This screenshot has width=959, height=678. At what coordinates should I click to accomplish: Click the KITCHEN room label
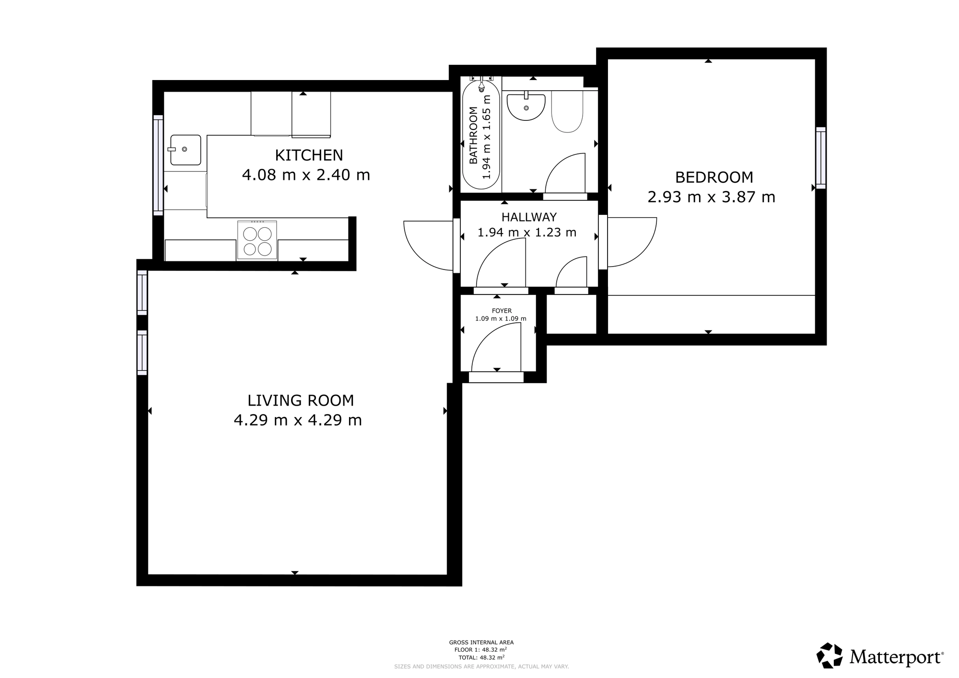309,155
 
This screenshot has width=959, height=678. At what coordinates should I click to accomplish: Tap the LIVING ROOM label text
301,400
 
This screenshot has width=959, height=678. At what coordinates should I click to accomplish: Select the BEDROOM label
714,177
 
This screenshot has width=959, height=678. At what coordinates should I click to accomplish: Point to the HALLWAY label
529,217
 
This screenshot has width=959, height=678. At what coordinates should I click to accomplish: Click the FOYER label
502,311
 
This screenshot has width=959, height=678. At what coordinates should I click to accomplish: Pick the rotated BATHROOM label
473,136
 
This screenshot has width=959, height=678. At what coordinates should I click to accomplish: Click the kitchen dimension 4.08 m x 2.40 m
306,175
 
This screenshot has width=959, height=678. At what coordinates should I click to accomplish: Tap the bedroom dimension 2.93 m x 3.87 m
711,197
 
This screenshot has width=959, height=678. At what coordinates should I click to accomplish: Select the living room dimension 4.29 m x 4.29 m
298,420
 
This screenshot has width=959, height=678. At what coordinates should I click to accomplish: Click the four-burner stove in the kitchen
257,241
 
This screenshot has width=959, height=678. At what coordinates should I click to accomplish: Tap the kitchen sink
185,150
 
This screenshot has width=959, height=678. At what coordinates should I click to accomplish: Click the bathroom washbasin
526,106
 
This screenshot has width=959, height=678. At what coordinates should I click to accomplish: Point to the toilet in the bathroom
567,111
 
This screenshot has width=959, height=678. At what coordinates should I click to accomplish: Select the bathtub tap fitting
481,83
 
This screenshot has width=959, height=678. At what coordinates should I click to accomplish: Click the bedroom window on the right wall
821,158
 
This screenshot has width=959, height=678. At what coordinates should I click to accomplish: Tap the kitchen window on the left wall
158,165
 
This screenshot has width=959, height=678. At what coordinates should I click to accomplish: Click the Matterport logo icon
830,655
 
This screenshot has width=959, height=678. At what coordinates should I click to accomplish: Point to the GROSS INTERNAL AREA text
481,643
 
